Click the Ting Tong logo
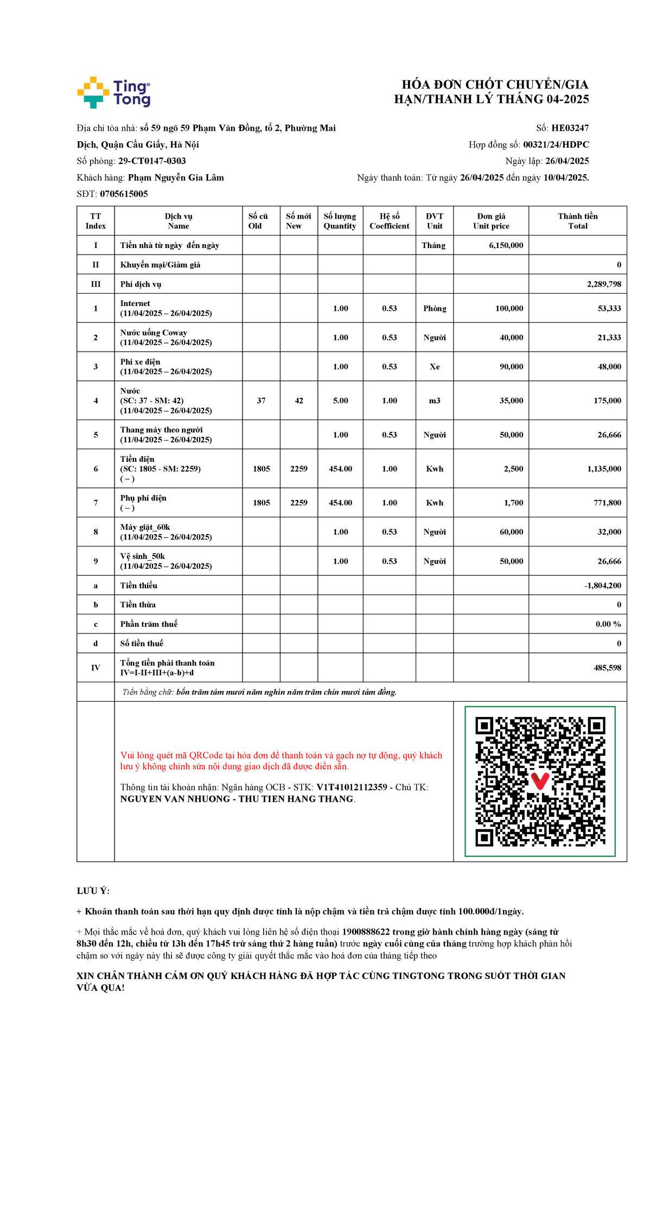coord(113,92)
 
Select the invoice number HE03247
coord(570,128)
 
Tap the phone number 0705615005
coord(124,194)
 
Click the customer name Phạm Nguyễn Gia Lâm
coord(176,177)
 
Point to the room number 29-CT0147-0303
coord(152,161)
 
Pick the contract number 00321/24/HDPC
coord(556,145)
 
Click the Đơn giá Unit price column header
coord(491,221)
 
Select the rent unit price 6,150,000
coord(506,245)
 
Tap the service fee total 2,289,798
coord(604,284)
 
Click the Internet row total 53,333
coord(609,308)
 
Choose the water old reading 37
coord(261,401)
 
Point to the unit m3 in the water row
coord(435,401)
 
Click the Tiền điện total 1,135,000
coord(604,469)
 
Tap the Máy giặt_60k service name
coord(145,527)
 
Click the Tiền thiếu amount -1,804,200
coord(603,586)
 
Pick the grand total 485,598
coord(607,668)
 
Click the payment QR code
coord(540,782)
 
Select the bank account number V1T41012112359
coord(352,787)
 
